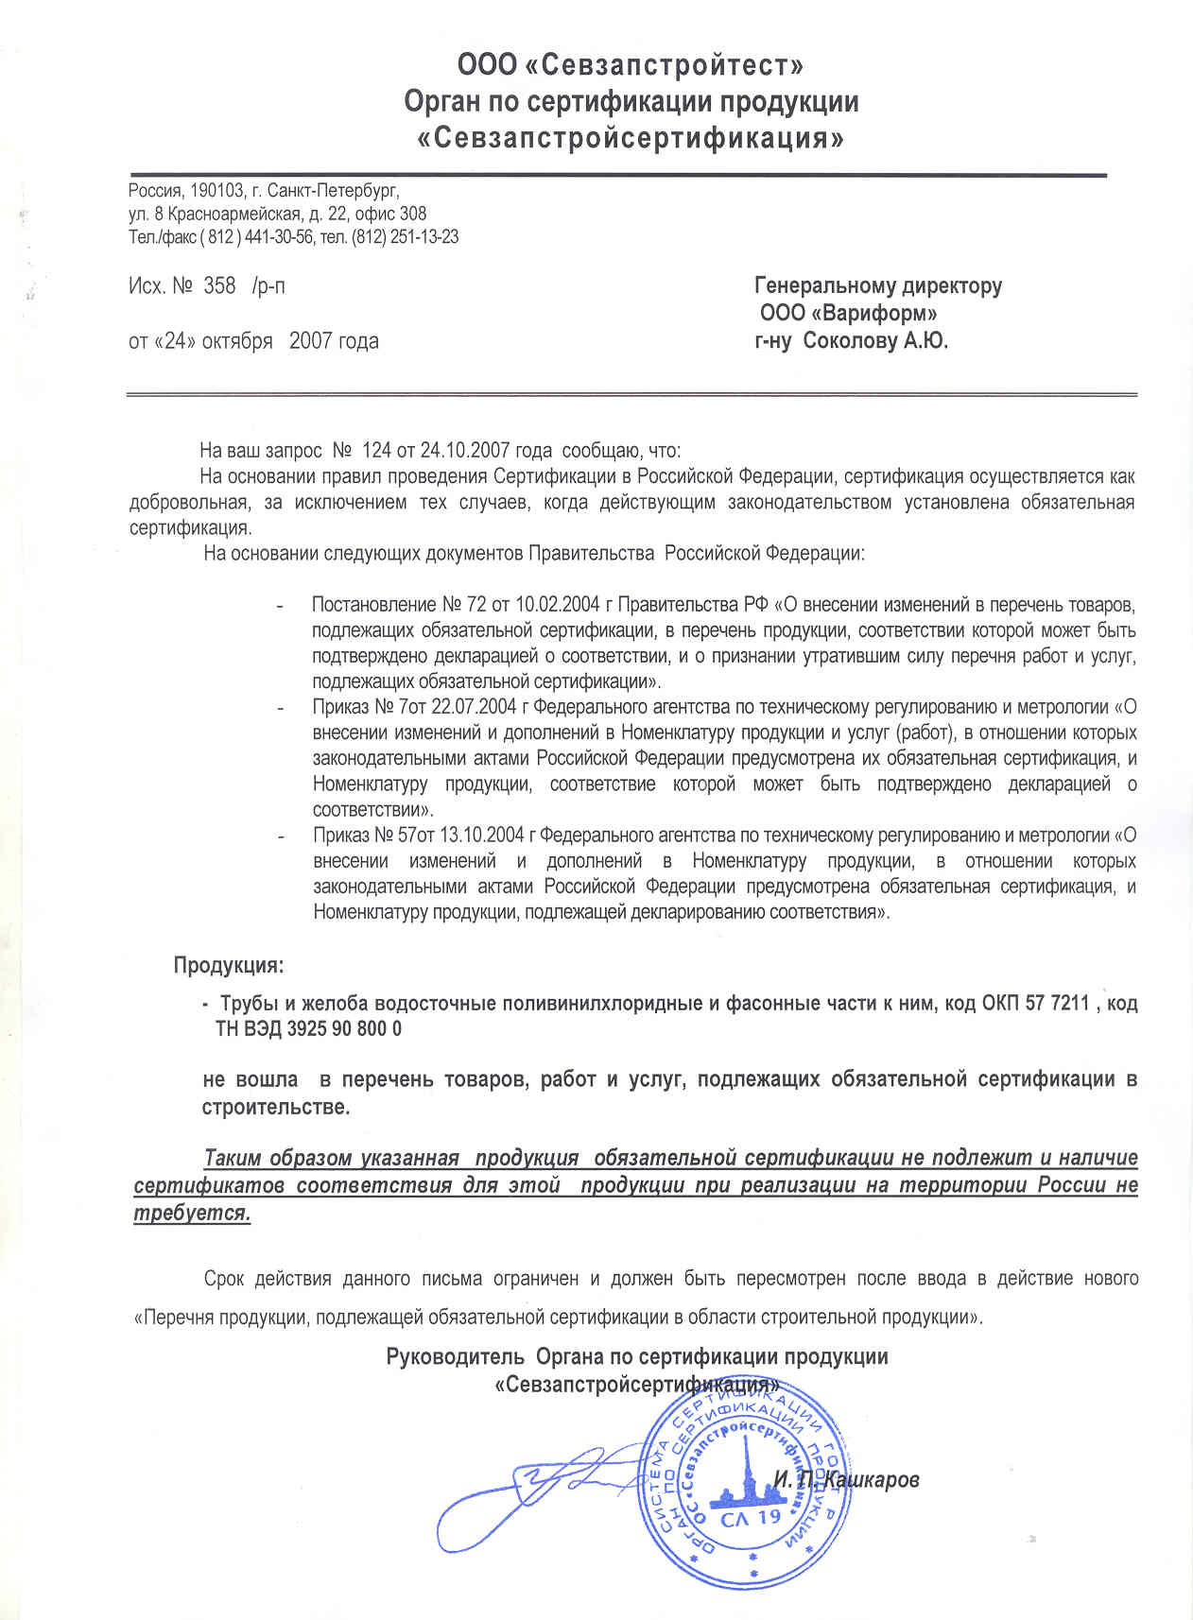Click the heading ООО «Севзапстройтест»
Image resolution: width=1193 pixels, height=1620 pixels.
631,65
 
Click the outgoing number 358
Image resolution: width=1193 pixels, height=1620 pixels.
219,285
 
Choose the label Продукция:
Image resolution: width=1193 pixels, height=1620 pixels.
228,966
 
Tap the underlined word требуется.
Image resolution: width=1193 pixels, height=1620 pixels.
192,1215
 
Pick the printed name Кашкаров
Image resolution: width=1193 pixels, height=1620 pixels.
872,1480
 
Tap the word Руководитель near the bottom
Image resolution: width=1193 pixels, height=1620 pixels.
455,1357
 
